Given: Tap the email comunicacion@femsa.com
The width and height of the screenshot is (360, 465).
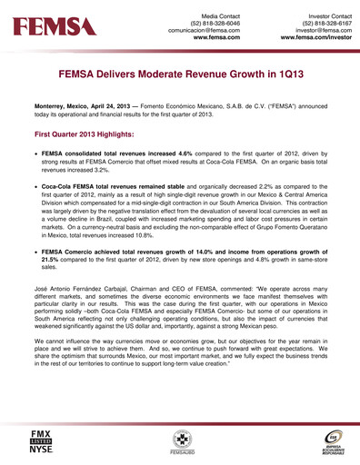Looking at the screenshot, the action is [x=202, y=28].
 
